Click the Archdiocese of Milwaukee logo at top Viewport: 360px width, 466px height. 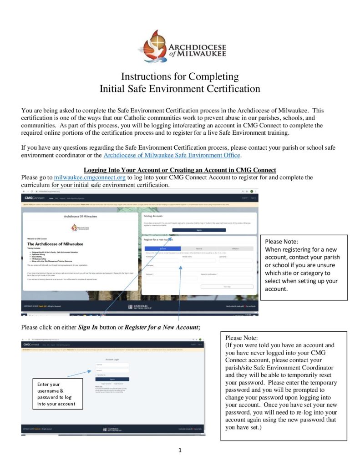(x=179, y=46)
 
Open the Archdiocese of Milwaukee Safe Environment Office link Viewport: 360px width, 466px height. (x=172, y=155)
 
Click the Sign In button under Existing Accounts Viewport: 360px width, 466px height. (x=199, y=230)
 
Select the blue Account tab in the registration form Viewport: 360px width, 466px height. (x=162, y=248)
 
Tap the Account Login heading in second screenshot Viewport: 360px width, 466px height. (x=112, y=360)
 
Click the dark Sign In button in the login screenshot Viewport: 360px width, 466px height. (x=112, y=379)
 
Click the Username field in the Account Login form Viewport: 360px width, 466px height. (x=112, y=365)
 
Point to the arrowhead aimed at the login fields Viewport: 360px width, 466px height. (x=94, y=370)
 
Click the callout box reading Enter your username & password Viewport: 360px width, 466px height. (x=57, y=394)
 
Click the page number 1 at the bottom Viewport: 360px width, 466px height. (x=180, y=451)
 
